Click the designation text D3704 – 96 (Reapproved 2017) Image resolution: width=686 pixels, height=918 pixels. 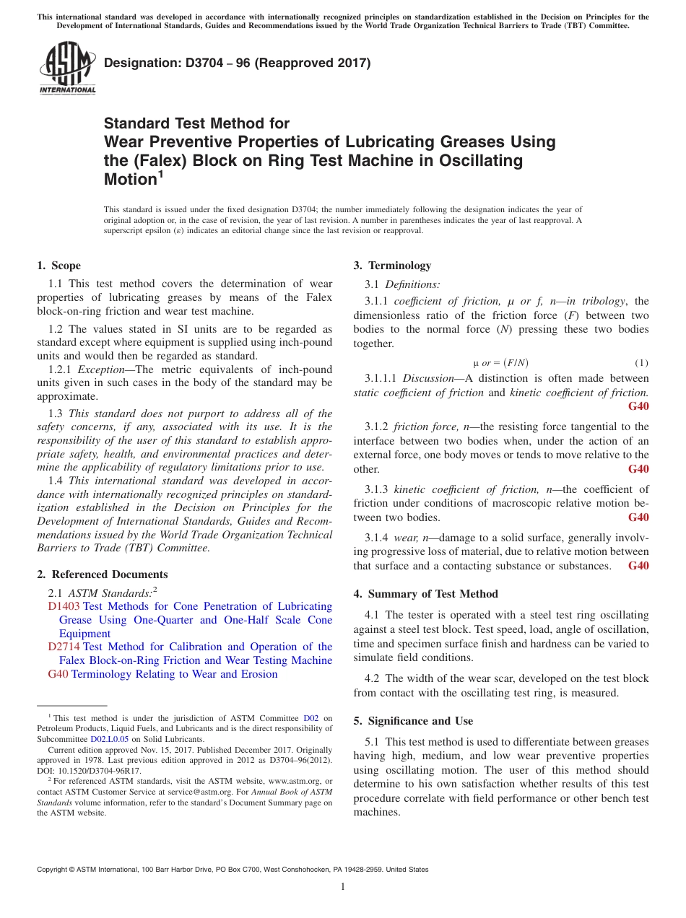point(237,63)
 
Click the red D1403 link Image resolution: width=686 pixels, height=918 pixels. point(64,606)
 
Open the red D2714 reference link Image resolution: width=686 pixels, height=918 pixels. point(64,647)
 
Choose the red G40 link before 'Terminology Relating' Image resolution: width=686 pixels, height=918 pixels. point(58,674)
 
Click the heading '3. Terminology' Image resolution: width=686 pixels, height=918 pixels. point(392,266)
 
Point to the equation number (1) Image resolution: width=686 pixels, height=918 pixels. point(641,362)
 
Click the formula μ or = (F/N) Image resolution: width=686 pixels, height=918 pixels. point(505,362)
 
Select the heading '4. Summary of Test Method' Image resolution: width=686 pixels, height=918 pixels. point(425,594)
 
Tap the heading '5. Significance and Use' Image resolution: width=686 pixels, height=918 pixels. point(413,721)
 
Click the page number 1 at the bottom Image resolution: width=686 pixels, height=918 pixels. point(343,886)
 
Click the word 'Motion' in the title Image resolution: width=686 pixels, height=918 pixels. point(130,180)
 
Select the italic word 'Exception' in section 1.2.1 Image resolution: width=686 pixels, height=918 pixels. point(101,370)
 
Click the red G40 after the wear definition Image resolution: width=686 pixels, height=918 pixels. point(638,566)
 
